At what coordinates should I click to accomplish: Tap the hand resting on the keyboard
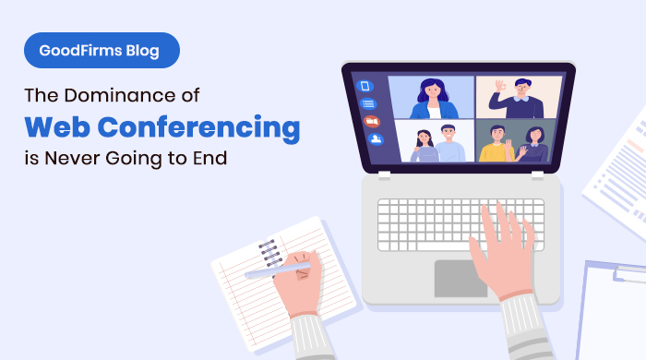pyautogui.click(x=504, y=249)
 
